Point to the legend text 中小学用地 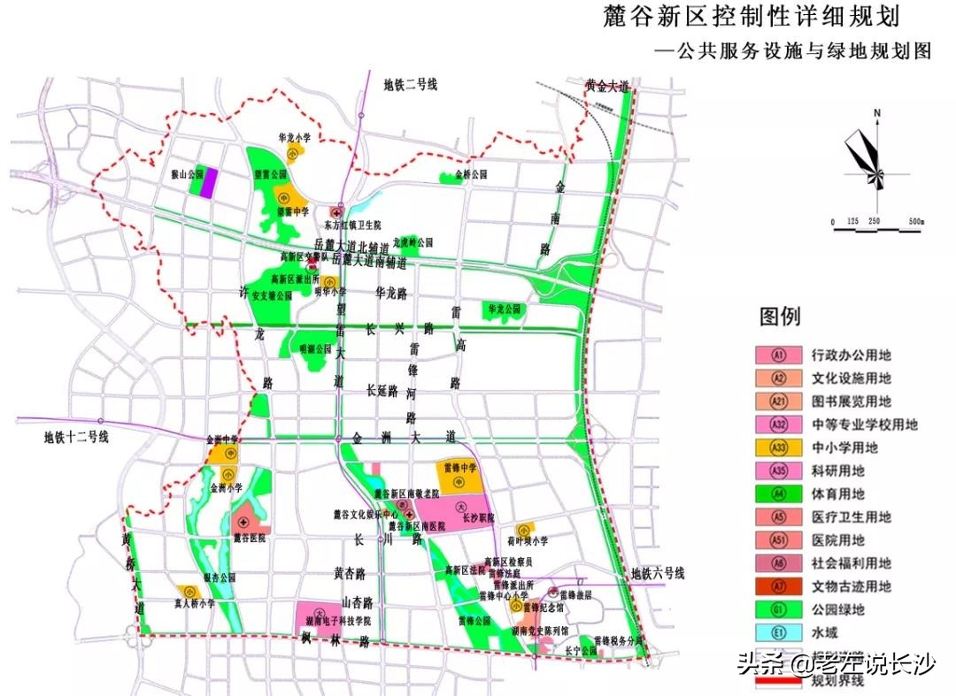click(x=852, y=448)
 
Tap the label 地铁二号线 click(x=411, y=85)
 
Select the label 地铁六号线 click(x=656, y=574)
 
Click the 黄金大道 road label click(x=607, y=87)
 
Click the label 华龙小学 click(x=295, y=138)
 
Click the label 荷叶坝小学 click(x=528, y=541)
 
